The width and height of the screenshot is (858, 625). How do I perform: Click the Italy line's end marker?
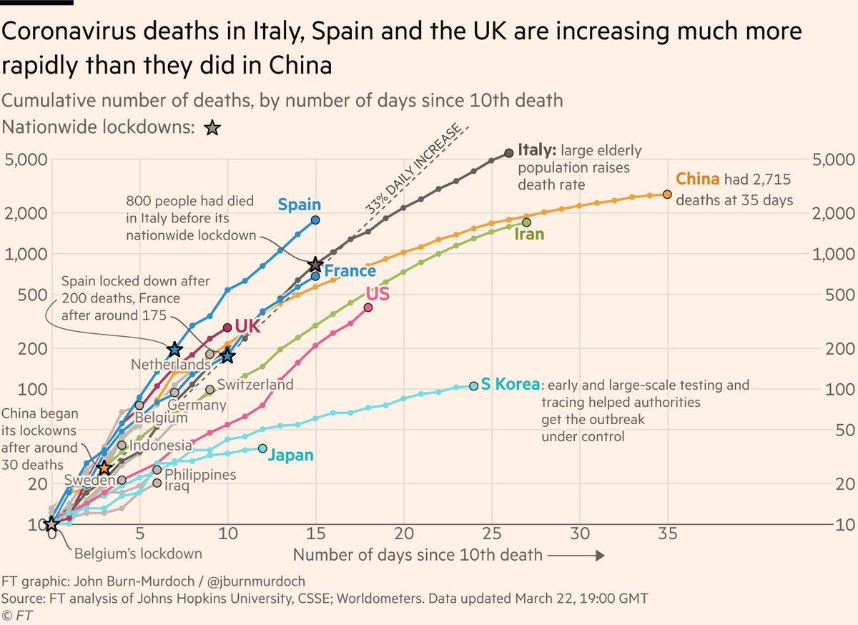[508, 152]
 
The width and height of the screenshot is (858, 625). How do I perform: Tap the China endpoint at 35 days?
[667, 194]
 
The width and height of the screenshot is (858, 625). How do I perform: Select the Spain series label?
[299, 204]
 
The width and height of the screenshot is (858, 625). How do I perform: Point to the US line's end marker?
[368, 307]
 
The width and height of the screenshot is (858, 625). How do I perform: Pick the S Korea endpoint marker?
[473, 385]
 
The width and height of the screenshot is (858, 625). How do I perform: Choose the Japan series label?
[290, 456]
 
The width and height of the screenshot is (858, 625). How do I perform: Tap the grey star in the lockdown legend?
[212, 129]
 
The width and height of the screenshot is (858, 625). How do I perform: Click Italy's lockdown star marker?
[315, 265]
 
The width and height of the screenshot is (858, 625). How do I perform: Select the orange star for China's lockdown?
[104, 468]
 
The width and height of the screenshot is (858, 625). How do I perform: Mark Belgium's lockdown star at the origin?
[51, 524]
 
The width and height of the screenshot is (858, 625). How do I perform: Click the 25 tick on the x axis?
[491, 533]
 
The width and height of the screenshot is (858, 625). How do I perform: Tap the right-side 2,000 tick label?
[829, 213]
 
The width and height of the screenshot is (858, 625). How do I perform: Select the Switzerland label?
[255, 385]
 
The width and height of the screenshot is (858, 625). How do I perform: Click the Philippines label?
[200, 474]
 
